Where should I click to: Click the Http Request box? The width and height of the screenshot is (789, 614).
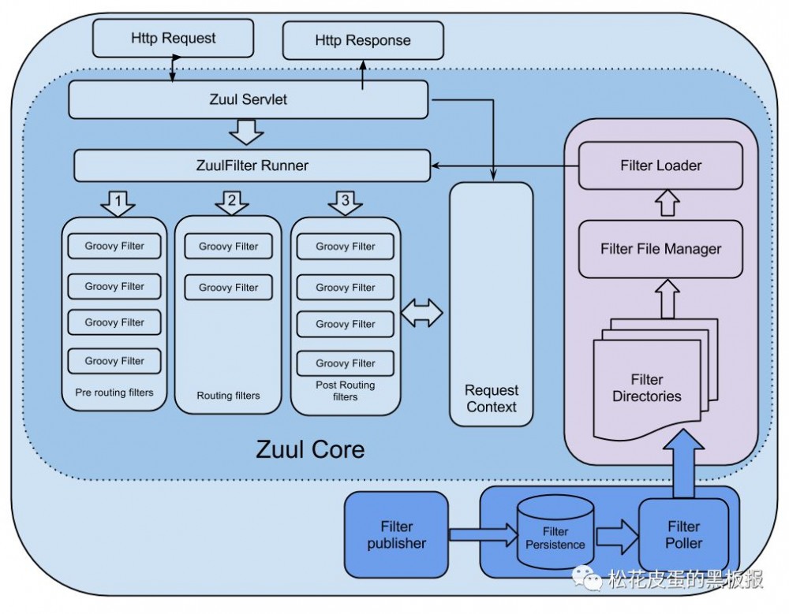(x=173, y=38)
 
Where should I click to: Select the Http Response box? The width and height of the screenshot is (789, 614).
(x=363, y=40)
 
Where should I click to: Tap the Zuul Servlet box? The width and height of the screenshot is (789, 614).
(x=249, y=100)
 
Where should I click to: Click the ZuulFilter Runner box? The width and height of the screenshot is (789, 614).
(x=252, y=166)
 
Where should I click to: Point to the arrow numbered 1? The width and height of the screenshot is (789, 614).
(x=118, y=203)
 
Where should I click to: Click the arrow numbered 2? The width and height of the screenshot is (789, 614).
(x=232, y=203)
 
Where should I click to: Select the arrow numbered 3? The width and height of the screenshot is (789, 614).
(x=345, y=203)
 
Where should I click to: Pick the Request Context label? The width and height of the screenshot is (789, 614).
(x=492, y=399)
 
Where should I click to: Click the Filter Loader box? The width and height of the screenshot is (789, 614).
(x=660, y=166)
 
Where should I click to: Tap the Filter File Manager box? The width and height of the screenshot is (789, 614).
(x=660, y=249)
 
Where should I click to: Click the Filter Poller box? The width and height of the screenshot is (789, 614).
(x=683, y=534)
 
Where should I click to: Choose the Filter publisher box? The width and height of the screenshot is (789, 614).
(x=396, y=534)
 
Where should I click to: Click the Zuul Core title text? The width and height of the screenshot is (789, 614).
(x=310, y=450)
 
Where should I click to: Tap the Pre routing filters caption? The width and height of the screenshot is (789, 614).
(x=114, y=393)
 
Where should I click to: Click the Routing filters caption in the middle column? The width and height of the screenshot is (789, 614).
(x=228, y=396)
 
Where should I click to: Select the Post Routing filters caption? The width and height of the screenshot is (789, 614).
(x=345, y=391)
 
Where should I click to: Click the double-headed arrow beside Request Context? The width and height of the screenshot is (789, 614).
(x=421, y=313)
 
